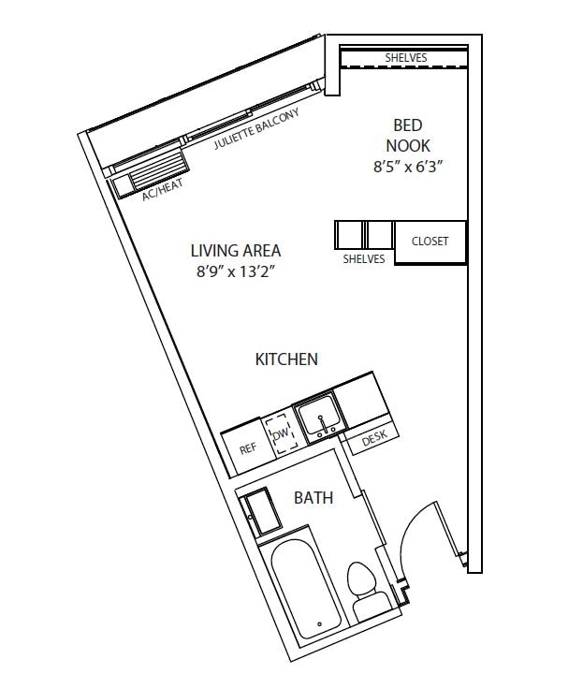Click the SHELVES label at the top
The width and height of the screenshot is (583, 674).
[405, 58]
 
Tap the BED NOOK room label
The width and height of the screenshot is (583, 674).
[407, 135]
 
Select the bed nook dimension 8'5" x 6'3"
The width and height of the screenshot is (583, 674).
[407, 168]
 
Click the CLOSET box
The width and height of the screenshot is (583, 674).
[430, 242]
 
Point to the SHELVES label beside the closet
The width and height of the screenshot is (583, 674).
[364, 259]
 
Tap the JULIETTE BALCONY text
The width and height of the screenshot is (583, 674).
[255, 130]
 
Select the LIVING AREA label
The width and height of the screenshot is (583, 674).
[235, 251]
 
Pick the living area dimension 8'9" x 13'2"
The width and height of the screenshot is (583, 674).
[235, 272]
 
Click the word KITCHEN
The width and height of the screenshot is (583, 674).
[286, 359]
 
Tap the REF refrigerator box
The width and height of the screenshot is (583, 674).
[247, 448]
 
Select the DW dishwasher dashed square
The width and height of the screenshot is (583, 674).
[280, 435]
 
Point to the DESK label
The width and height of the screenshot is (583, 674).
[373, 435]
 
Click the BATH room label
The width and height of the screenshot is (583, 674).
[313, 498]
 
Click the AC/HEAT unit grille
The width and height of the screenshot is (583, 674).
[155, 173]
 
